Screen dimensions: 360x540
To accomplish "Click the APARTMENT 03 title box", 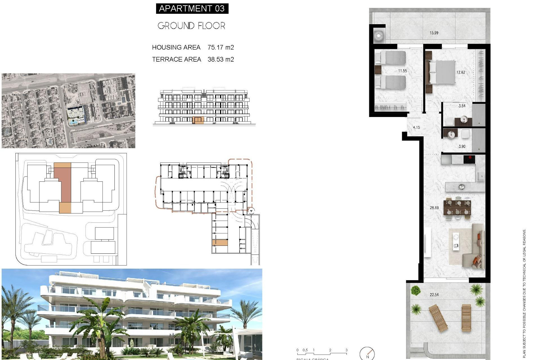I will tap(192, 8).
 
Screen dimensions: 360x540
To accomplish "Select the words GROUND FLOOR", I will tap(191, 26).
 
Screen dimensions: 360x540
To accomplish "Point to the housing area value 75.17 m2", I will tap(221, 47).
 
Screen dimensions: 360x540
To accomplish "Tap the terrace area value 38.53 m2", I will tap(221, 59).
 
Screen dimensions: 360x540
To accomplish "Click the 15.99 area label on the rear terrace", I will tap(434, 33).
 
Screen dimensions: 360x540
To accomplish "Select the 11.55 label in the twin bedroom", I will tap(402, 71).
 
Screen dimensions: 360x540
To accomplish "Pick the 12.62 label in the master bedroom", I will tap(461, 72).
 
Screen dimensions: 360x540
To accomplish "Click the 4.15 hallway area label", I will tap(416, 127).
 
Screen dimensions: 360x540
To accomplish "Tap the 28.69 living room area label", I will tap(434, 208).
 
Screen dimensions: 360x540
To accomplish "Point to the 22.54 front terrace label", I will tap(434, 295).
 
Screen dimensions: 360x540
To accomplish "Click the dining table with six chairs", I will tap(457, 207).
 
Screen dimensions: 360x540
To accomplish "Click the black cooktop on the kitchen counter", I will tap(469, 159).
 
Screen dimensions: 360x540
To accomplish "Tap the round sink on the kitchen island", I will tap(461, 187).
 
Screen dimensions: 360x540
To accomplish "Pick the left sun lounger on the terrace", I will tap(438, 318).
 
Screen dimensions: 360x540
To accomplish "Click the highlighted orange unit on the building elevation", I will tap(198, 120).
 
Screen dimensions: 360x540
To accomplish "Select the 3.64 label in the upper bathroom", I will tap(462, 106).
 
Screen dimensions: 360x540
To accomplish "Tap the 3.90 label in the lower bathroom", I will tap(462, 147).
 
